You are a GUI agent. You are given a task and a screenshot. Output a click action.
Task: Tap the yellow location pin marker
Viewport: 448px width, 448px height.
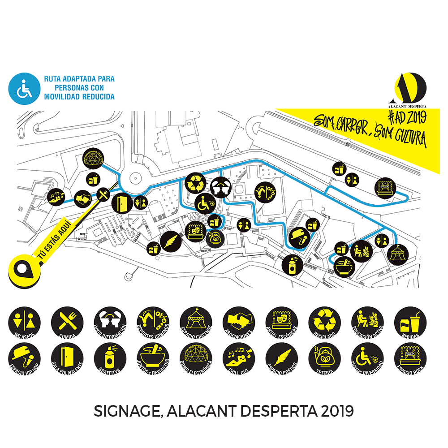23,270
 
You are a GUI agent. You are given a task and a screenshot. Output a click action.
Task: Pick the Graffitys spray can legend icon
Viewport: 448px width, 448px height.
110,359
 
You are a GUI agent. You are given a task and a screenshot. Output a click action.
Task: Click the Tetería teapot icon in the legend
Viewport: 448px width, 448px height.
324,359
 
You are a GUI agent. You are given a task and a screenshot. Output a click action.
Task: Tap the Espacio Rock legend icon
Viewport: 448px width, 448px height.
410,359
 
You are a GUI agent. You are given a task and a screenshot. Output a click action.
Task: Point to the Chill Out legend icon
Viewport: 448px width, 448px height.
238,359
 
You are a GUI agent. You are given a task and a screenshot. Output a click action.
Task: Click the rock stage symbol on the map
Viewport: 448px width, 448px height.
384,187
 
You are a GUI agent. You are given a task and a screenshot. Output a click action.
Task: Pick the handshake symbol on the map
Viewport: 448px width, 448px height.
82,198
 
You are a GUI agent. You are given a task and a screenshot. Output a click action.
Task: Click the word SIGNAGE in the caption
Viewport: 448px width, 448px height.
125,411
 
